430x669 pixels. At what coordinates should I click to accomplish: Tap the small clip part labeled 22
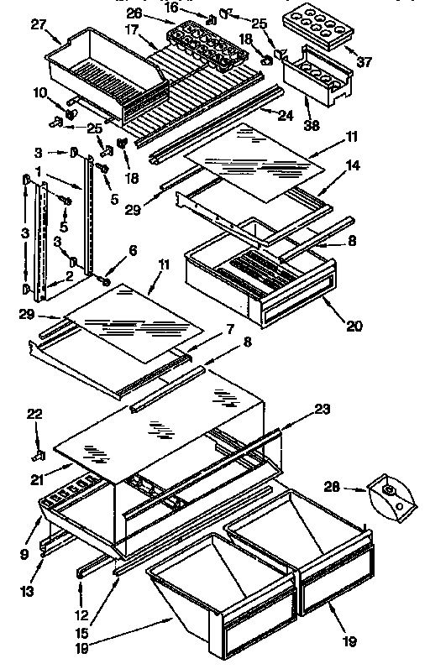point(39,455)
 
